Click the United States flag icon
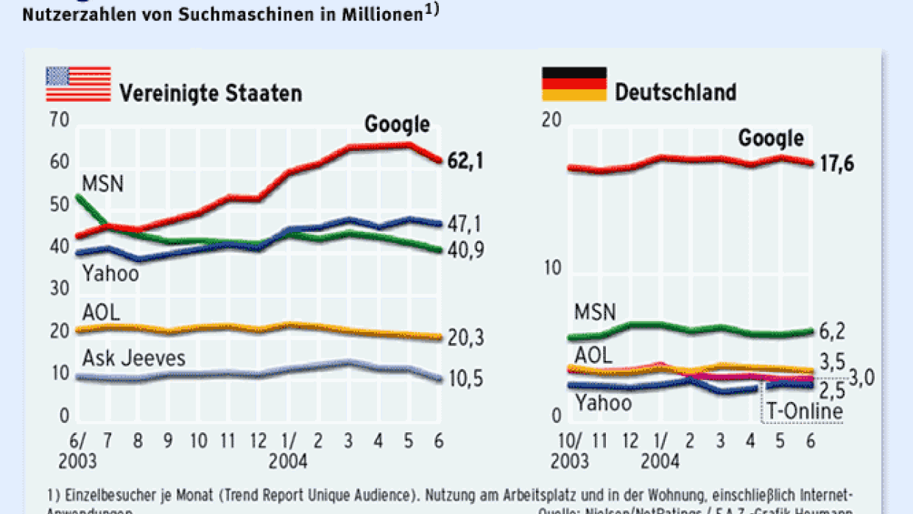click(78, 84)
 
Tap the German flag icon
click(574, 84)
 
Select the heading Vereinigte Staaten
click(211, 94)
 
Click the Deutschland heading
click(675, 93)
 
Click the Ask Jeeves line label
click(134, 359)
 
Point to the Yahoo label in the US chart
click(110, 274)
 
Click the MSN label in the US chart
click(102, 183)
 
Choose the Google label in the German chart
click(771, 138)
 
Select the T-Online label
click(805, 410)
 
